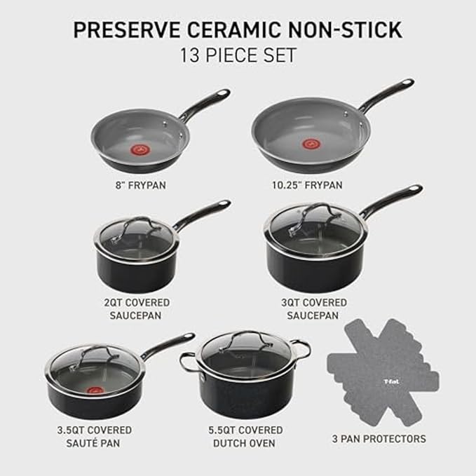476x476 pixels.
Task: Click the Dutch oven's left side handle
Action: click(187, 361)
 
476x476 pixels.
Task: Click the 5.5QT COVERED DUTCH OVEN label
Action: click(245, 436)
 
